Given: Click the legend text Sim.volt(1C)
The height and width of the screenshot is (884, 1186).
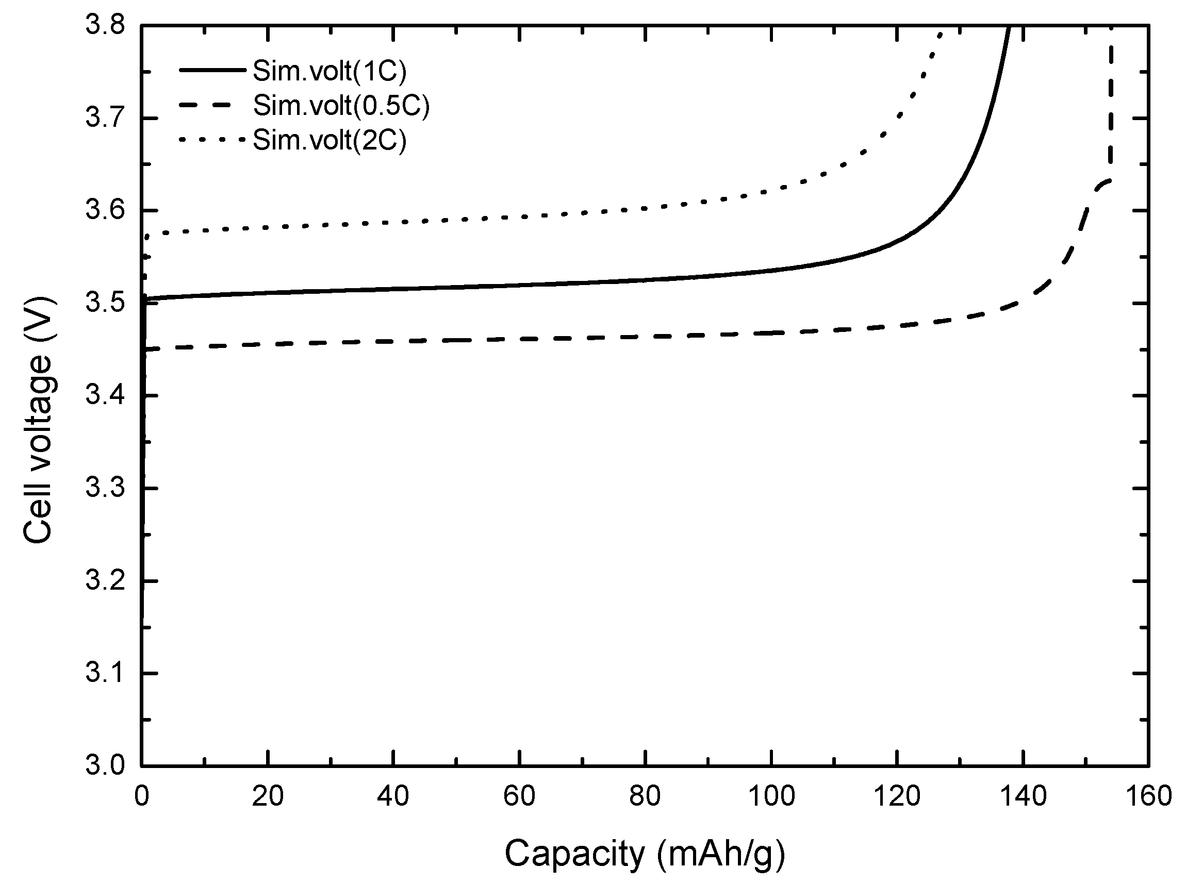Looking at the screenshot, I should [329, 71].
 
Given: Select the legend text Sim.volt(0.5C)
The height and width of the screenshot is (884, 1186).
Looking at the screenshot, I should [341, 106].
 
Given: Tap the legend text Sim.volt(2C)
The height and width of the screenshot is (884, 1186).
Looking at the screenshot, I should [329, 140].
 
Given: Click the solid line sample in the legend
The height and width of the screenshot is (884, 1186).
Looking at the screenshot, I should [212, 70].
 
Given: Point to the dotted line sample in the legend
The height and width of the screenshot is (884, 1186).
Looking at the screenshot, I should [212, 140].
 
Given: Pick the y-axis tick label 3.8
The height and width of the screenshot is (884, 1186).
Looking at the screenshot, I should [105, 26].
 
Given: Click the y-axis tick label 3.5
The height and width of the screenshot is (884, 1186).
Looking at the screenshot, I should [105, 304].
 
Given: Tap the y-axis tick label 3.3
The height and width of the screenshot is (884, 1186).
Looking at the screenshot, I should [105, 488].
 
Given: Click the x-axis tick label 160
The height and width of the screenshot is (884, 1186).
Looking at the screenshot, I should [1148, 796].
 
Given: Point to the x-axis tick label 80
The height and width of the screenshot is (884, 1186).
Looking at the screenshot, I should [645, 796].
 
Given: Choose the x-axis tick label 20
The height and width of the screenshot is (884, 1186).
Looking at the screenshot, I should [267, 796].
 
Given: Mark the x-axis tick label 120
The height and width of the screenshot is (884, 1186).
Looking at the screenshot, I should [896, 796].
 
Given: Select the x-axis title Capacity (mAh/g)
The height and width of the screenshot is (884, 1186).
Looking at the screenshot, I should [645, 853].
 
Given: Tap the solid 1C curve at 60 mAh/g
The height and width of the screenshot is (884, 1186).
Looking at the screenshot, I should [519, 285].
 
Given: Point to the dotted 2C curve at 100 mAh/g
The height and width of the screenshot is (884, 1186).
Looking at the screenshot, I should [771, 191].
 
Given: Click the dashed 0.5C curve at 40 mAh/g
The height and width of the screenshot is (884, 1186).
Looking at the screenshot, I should [393, 340].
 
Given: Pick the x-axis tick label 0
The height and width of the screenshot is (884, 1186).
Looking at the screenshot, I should [142, 796].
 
